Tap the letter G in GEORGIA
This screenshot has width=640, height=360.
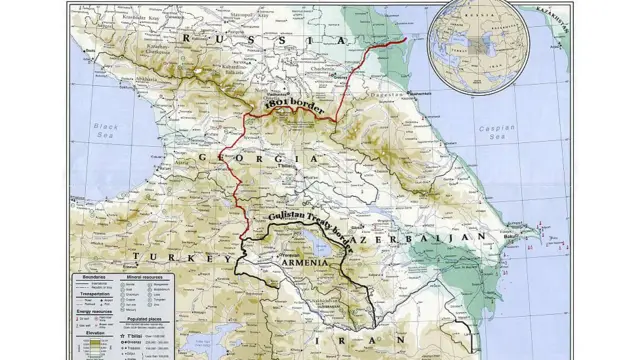click(x=203, y=159)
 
